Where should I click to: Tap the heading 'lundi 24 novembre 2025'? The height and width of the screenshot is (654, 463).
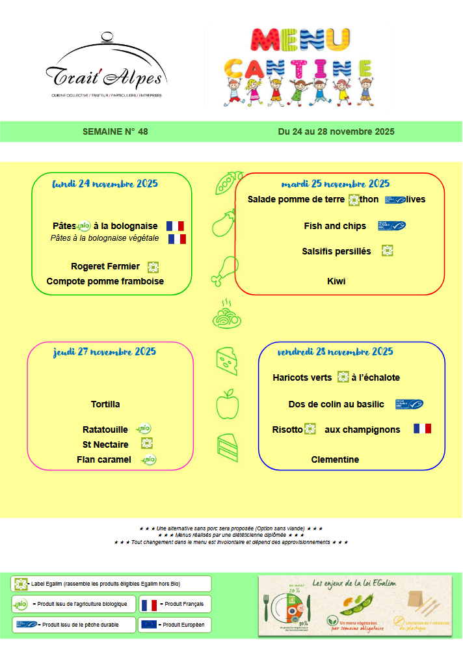coord(105,183)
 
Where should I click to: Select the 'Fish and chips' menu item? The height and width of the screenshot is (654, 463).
coord(335,226)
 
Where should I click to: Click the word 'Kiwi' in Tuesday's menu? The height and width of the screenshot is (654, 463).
coord(336,281)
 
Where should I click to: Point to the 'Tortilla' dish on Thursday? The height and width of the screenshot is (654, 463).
coord(105,404)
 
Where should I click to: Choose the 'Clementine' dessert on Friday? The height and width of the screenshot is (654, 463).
coord(335,459)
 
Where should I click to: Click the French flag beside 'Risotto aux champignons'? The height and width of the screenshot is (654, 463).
coord(422,429)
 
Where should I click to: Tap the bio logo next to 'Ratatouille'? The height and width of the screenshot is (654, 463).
coord(144,429)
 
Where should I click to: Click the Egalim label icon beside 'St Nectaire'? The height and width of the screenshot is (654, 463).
coord(147,444)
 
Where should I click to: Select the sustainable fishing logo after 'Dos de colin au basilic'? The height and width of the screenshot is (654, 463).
coord(409,404)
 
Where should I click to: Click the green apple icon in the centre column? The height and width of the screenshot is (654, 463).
coord(227,403)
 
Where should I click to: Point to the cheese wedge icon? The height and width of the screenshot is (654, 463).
coord(226,361)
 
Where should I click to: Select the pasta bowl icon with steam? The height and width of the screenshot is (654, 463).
coord(227,315)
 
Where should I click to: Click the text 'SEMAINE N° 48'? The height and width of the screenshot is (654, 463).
coord(115,131)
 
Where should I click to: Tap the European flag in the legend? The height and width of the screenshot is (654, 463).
coord(149,625)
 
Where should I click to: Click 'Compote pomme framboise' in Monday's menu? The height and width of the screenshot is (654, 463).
coord(105,281)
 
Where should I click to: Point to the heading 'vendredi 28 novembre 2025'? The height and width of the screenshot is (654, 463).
coord(335,351)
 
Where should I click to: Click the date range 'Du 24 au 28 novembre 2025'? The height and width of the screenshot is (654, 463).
coord(336,131)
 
